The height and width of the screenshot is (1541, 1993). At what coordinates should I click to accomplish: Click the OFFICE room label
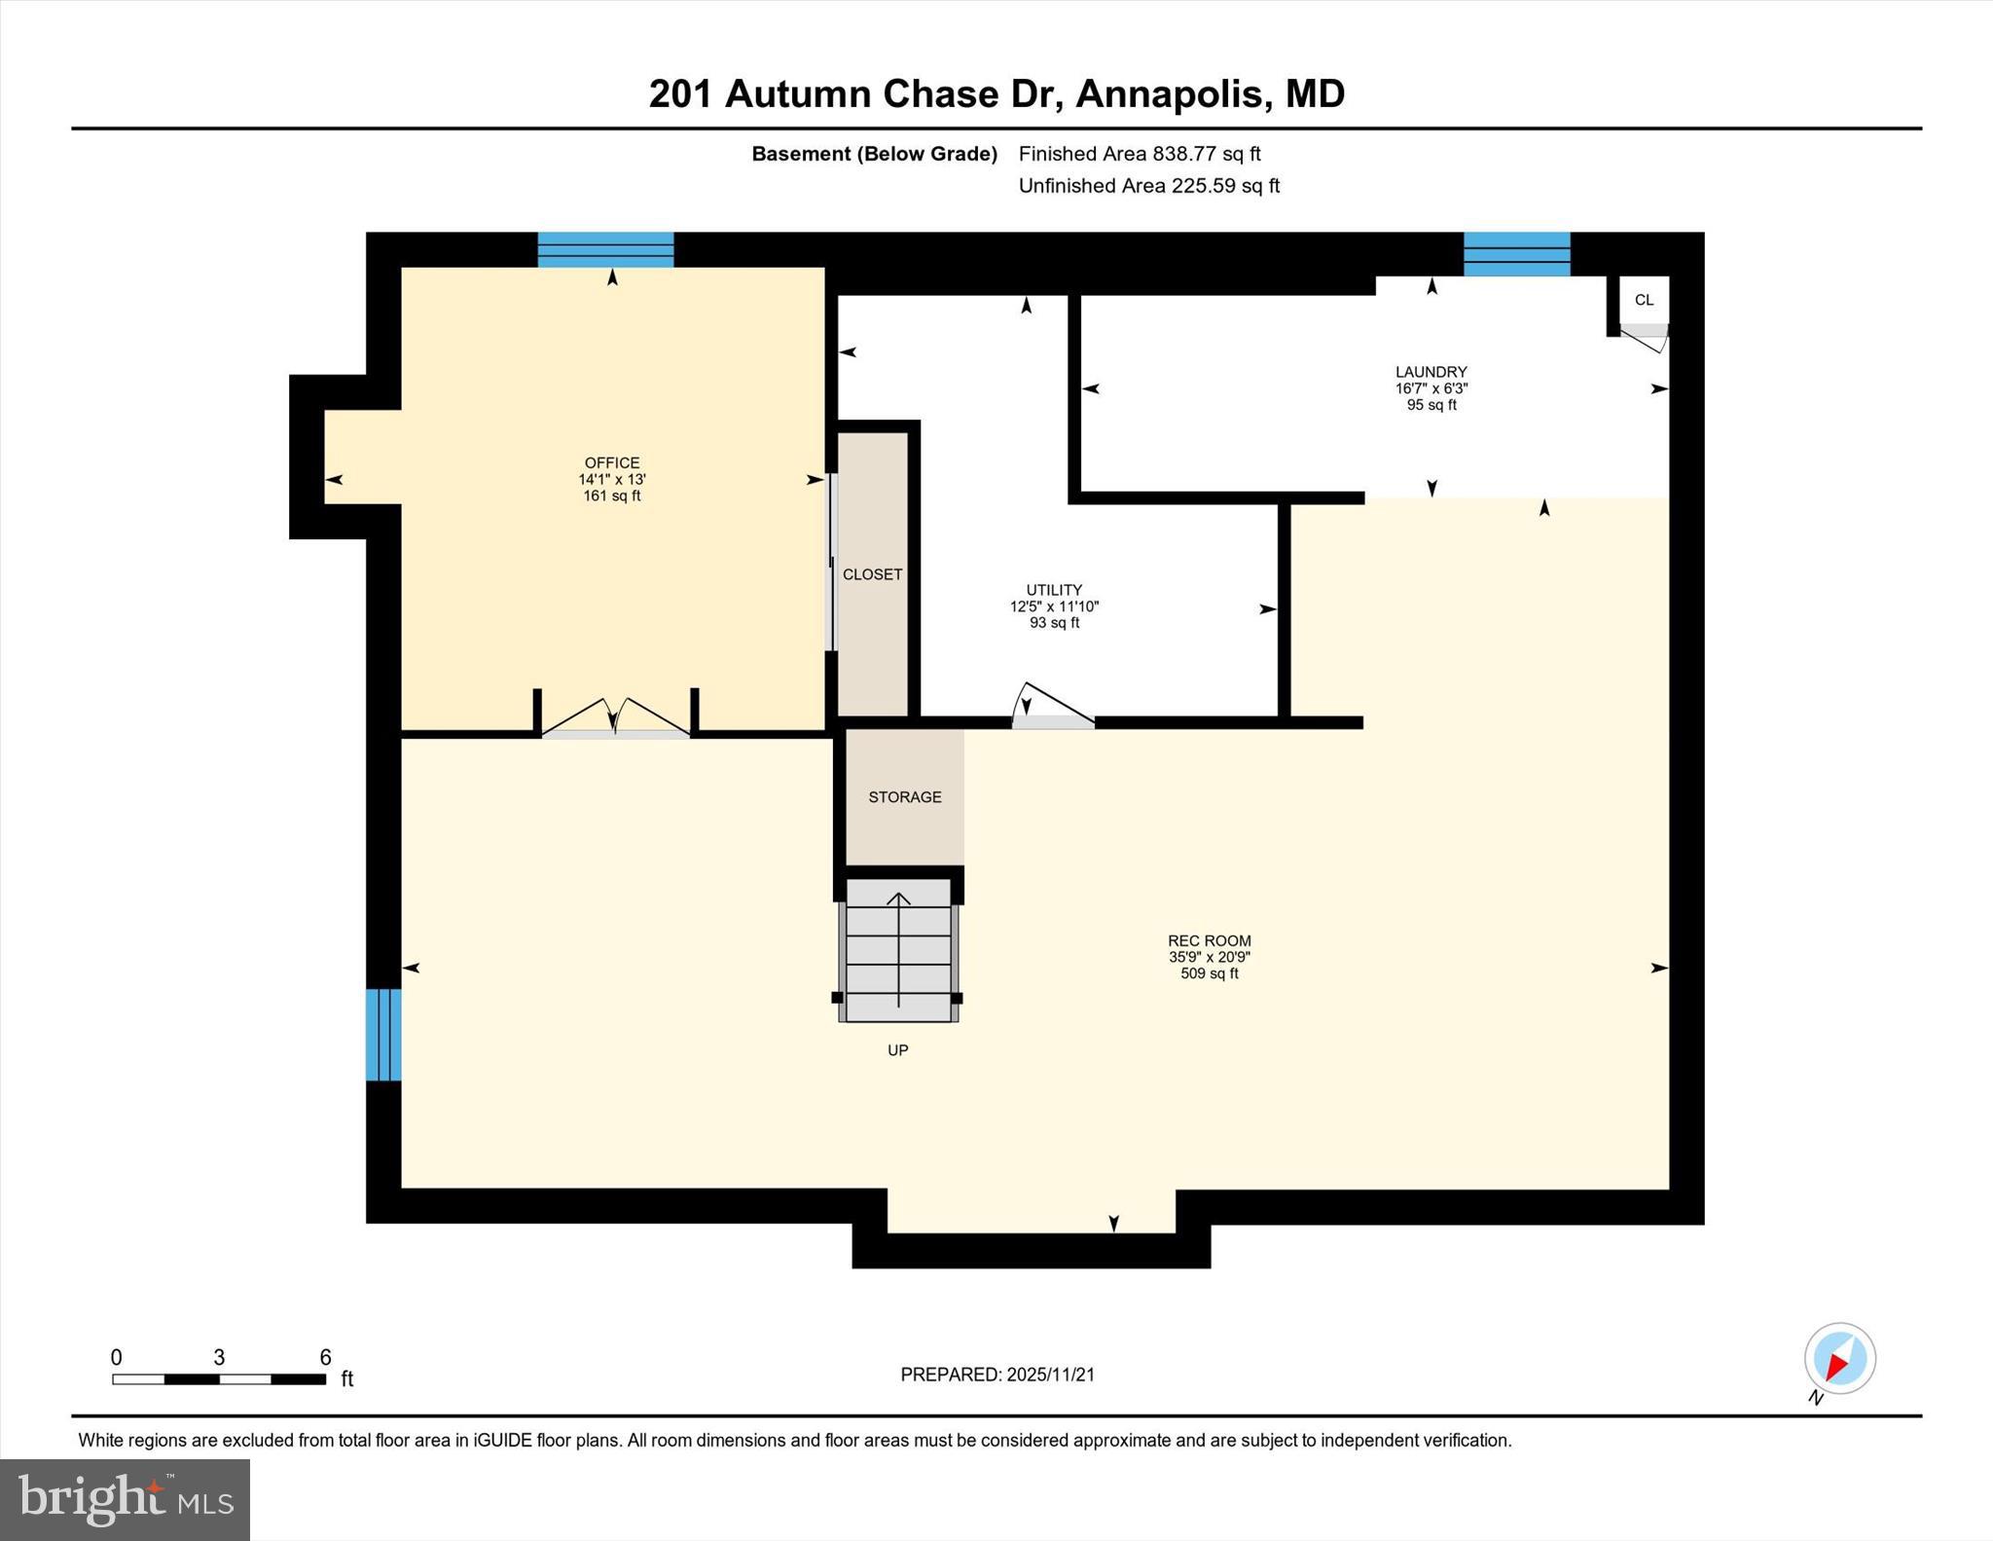(611, 463)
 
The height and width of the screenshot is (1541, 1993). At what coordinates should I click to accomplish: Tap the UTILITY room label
(1054, 590)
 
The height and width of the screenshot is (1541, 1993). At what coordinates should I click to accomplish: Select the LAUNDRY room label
(1431, 372)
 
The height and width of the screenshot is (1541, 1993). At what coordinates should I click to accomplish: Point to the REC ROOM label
(1209, 941)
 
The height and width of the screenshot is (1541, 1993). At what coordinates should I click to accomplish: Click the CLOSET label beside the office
(872, 574)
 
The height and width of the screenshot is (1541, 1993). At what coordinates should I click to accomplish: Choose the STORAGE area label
(904, 797)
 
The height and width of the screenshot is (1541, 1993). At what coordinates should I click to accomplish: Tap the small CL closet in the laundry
(1644, 300)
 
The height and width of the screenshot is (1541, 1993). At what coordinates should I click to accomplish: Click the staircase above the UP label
(898, 950)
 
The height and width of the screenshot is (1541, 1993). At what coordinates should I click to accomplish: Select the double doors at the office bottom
(615, 718)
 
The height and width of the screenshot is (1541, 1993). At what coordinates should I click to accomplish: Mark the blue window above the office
(605, 249)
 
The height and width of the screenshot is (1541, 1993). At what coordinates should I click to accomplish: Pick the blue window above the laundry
(1516, 253)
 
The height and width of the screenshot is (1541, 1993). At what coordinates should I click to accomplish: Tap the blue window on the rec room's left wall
(382, 1035)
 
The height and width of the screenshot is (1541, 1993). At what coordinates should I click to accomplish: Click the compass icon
(1839, 1358)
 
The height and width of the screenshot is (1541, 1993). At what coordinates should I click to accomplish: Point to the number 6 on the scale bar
(325, 1357)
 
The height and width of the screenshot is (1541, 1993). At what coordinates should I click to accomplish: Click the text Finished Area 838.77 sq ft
(1139, 154)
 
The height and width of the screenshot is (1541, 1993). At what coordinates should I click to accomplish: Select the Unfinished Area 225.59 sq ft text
(1148, 186)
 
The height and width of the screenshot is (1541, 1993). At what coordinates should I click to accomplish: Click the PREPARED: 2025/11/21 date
(997, 1375)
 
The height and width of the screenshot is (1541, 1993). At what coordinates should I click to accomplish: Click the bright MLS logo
(125, 1499)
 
